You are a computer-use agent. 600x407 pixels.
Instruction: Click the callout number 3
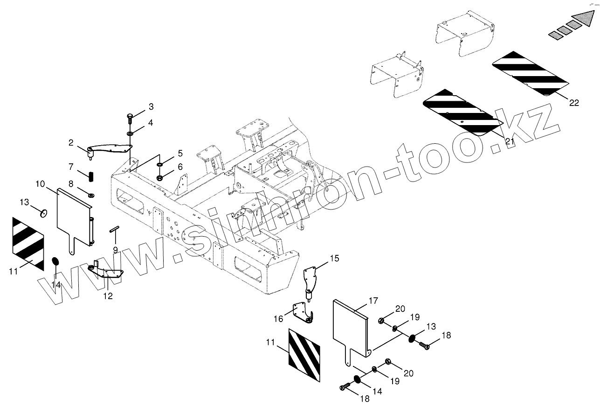[x=151, y=107]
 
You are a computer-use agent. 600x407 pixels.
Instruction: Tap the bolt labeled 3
[x=130, y=117]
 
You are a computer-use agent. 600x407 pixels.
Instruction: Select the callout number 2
[x=71, y=143]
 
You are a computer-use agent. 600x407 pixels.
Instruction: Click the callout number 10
[x=40, y=184]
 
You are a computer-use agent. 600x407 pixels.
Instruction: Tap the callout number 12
[x=108, y=296]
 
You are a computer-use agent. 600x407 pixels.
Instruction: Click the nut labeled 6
[x=160, y=177]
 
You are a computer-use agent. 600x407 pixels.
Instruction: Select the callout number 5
[x=179, y=154]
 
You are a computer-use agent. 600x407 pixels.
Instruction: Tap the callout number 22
[x=574, y=103]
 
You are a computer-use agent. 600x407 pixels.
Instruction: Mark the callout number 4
[x=151, y=123]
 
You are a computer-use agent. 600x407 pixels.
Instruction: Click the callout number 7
[x=71, y=167]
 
